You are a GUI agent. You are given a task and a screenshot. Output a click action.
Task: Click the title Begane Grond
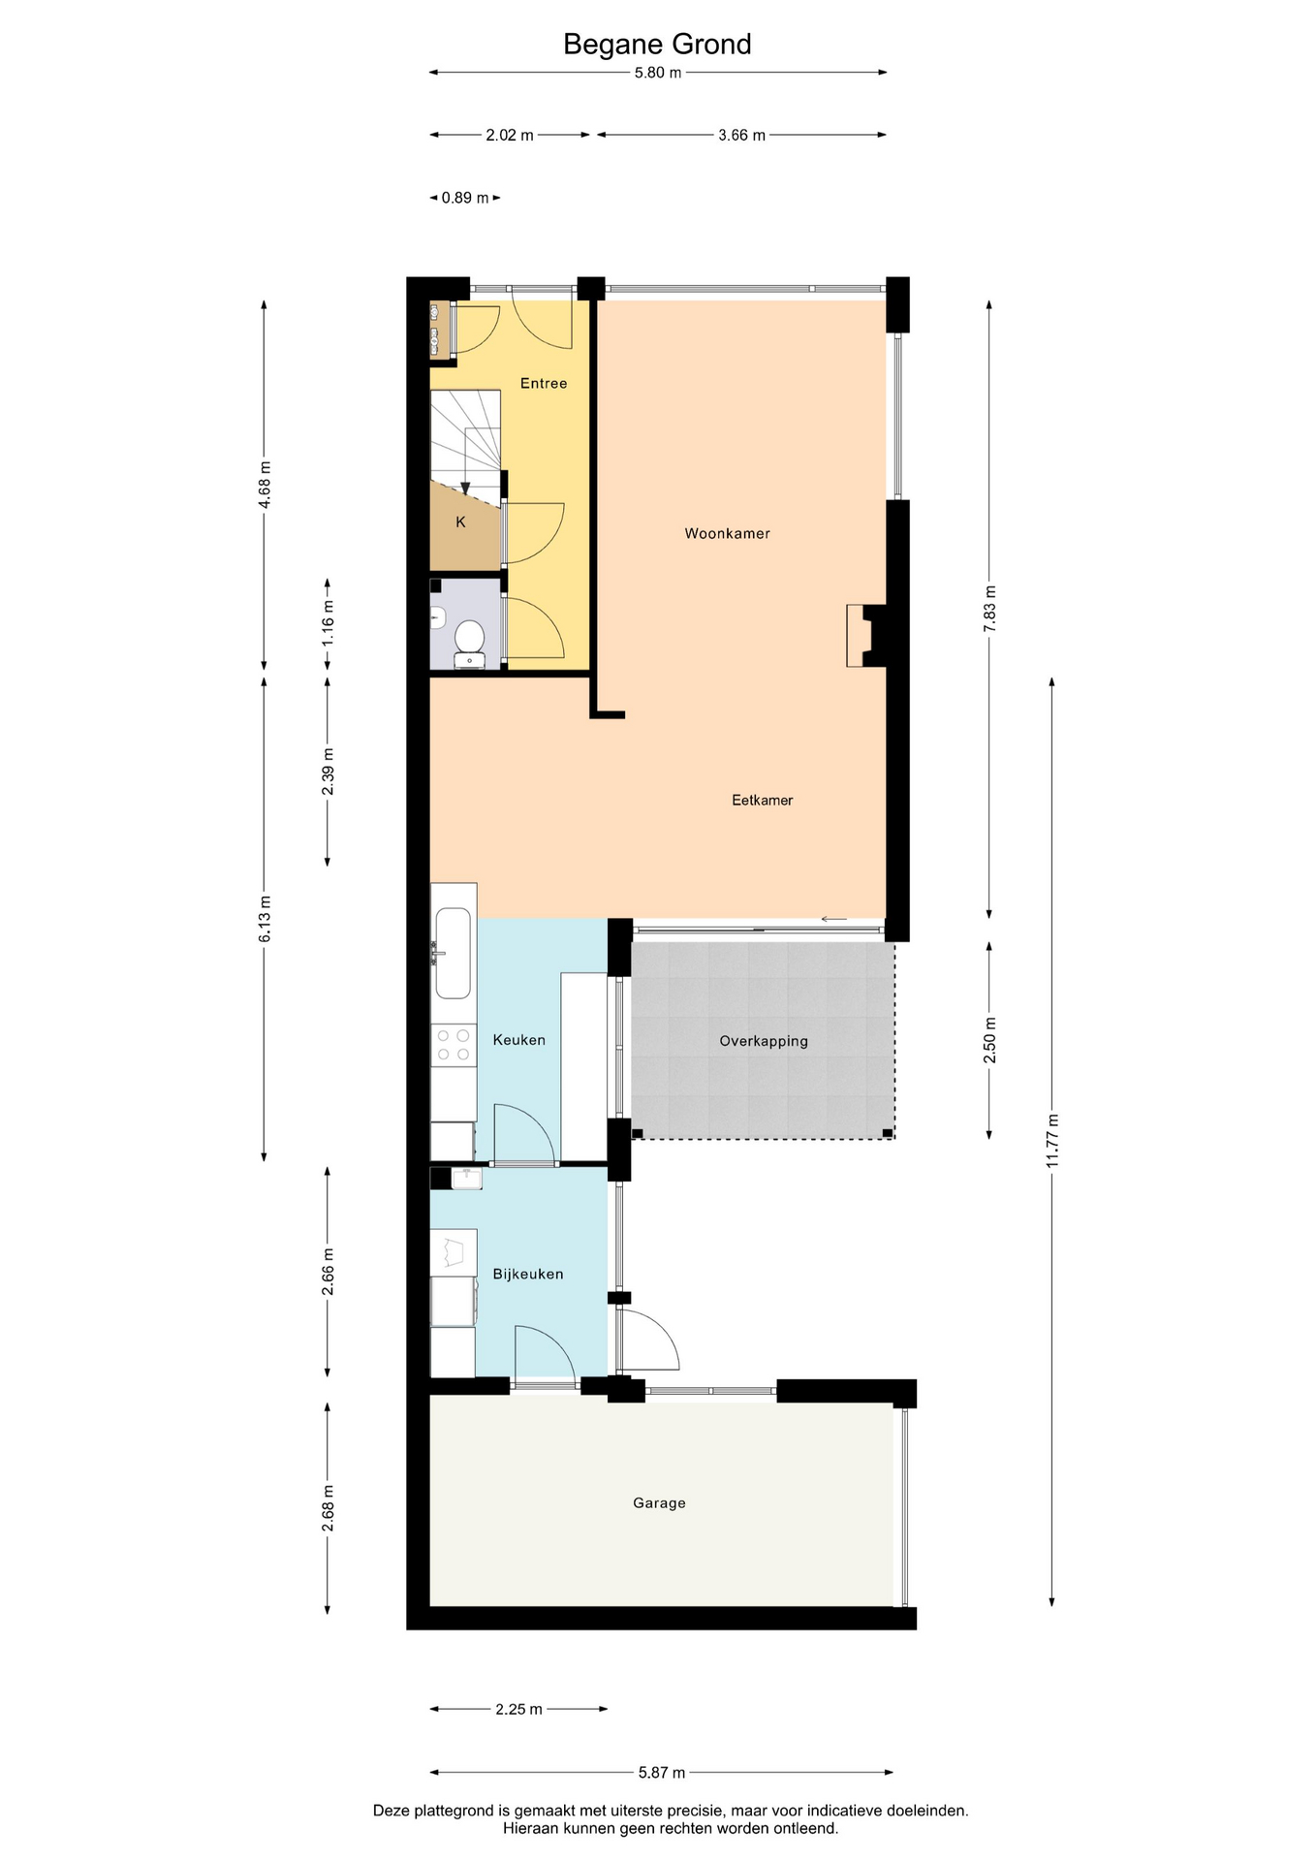click(x=657, y=45)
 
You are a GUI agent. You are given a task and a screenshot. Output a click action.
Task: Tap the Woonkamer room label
click(x=727, y=533)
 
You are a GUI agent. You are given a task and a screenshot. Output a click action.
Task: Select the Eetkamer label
click(x=762, y=800)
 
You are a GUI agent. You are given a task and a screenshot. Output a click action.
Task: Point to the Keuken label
click(x=518, y=1040)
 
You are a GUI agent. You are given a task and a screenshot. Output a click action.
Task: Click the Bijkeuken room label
click(x=527, y=1274)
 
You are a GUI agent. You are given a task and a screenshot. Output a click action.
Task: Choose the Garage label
click(x=659, y=1502)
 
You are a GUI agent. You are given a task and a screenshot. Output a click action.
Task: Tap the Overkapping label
click(x=763, y=1041)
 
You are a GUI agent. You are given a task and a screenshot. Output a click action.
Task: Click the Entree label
click(x=543, y=383)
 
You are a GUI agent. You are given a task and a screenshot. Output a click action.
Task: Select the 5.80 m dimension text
click(x=658, y=73)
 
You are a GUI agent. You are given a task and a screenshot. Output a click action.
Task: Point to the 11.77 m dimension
click(x=1052, y=1141)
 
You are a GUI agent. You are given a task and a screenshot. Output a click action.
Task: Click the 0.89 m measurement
click(x=465, y=198)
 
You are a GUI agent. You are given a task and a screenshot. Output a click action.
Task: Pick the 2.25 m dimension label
click(x=518, y=1709)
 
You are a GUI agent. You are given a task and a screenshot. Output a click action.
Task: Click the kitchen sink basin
click(x=454, y=953)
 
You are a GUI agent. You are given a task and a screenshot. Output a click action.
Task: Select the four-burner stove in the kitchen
click(x=454, y=1045)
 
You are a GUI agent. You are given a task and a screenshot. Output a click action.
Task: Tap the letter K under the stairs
click(x=460, y=521)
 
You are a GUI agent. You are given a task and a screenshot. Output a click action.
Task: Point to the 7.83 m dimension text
click(x=989, y=609)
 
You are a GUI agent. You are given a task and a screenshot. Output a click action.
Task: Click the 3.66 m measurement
click(x=741, y=136)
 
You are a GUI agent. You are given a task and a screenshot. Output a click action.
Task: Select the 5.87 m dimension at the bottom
click(x=662, y=1773)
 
